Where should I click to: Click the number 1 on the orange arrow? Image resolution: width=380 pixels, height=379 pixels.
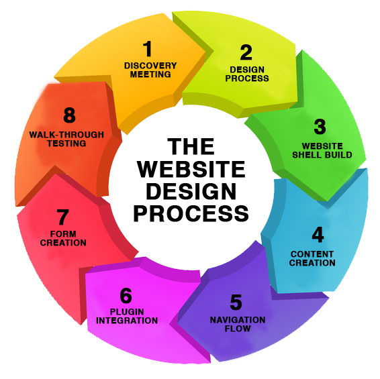click(x=148, y=48)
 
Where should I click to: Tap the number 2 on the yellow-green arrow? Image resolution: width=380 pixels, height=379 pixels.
click(x=246, y=52)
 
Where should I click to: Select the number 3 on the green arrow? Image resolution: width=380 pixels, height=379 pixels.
click(x=320, y=127)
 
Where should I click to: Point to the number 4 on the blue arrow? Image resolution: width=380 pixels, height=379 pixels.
click(x=318, y=234)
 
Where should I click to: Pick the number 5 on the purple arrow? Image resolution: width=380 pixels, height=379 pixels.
click(x=236, y=303)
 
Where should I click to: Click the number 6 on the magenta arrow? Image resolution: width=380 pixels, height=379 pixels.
click(x=126, y=295)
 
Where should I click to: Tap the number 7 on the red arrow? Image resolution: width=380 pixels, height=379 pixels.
click(x=62, y=217)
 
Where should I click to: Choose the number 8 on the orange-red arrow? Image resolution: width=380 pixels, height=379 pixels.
click(x=70, y=115)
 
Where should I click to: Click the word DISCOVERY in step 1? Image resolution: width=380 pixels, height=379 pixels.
click(x=150, y=66)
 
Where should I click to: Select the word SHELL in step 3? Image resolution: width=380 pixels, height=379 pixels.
click(x=307, y=155)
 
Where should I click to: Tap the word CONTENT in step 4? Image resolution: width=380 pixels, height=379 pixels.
click(x=312, y=254)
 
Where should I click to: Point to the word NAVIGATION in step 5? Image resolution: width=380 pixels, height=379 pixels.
click(x=238, y=320)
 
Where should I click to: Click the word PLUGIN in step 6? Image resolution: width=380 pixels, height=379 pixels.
click(x=127, y=312)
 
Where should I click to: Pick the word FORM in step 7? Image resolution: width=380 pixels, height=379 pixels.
click(x=63, y=234)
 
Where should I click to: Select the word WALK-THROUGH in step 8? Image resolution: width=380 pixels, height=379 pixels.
click(x=66, y=135)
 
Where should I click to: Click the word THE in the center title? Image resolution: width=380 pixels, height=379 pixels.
click(x=191, y=146)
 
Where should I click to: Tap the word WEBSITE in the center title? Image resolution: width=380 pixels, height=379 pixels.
click(x=191, y=169)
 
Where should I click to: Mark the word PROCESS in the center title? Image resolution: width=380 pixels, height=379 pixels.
click(x=191, y=213)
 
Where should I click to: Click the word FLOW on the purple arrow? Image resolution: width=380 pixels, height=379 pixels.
click(x=238, y=329)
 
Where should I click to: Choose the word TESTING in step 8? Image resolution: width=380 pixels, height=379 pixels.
click(x=66, y=144)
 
